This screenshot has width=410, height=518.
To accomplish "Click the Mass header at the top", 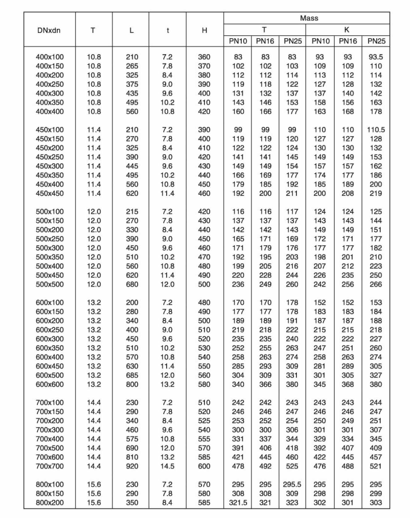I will click(x=309, y=18).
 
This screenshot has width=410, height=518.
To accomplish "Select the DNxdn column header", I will click(x=49, y=30).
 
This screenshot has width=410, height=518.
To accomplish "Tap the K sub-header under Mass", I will click(x=347, y=30).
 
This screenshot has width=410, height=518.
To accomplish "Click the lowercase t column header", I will click(x=168, y=30).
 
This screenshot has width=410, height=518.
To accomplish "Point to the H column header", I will click(x=204, y=30).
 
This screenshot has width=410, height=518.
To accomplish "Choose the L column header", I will click(x=131, y=30).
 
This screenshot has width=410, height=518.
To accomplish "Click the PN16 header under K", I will click(x=348, y=41).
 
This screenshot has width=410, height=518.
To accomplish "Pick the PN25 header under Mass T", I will click(x=293, y=41).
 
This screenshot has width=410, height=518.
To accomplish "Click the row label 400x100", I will click(x=50, y=57).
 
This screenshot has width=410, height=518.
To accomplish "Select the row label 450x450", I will click(x=50, y=193).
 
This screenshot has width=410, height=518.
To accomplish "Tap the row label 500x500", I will click(x=50, y=284).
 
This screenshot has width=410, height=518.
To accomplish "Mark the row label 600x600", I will click(x=50, y=384).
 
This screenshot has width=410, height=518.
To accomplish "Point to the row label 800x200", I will click(x=50, y=502).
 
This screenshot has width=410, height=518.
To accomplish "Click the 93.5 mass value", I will click(x=376, y=57).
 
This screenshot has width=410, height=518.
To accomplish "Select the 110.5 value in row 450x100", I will click(x=376, y=130).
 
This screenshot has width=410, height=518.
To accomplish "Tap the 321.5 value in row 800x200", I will click(x=238, y=502).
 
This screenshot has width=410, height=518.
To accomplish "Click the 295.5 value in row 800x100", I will click(x=292, y=484).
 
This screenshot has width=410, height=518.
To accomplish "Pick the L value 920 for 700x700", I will click(x=132, y=466).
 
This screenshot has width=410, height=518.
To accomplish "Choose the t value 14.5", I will click(x=167, y=466).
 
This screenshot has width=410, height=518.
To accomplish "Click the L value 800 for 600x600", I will click(x=132, y=384).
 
